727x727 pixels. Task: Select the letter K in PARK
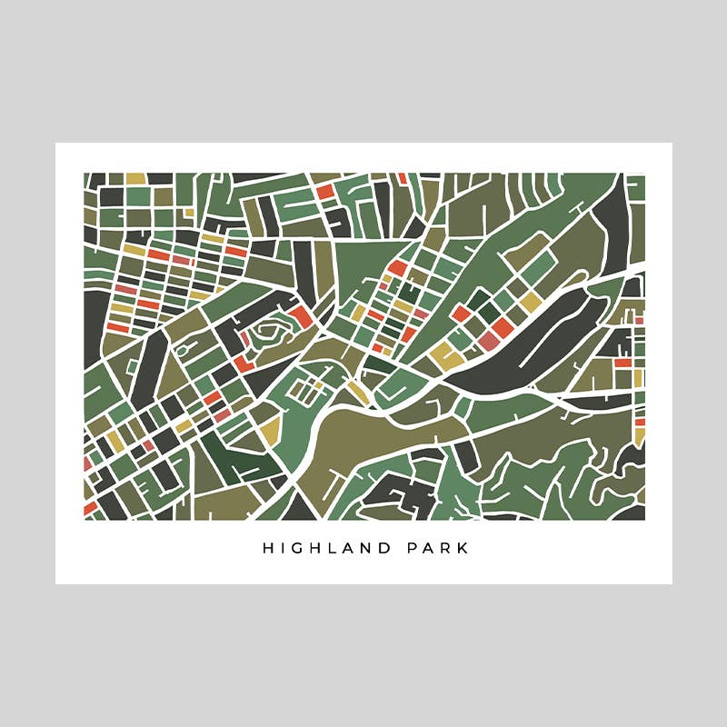coord(464,549)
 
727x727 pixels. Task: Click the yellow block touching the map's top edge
coord(135,179)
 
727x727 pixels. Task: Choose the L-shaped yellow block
coord(447,356)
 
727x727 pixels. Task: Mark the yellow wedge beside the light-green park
coord(270,434)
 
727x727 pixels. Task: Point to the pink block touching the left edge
coord(87,463)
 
